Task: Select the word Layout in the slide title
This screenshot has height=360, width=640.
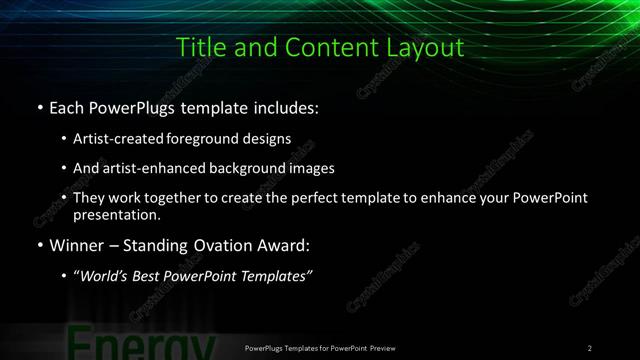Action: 427,47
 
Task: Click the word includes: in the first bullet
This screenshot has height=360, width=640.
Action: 289,107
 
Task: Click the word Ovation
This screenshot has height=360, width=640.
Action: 222,245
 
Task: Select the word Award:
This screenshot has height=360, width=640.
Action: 286,245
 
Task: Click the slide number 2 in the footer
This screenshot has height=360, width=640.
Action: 590,348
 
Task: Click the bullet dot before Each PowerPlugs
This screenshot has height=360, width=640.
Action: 38,107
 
